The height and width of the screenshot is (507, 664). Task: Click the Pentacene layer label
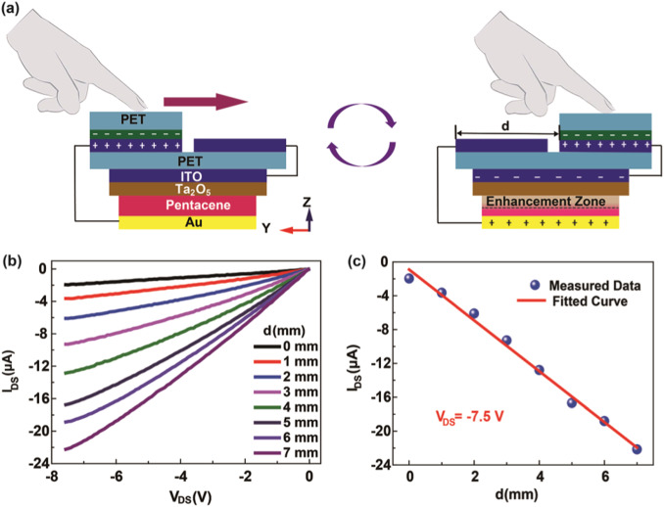pos(187,207)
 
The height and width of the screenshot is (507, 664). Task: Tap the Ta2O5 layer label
pos(187,190)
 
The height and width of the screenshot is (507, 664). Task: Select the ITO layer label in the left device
pos(187,175)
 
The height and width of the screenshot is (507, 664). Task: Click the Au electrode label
pos(187,223)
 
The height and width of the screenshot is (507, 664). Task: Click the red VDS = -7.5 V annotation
pos(481,414)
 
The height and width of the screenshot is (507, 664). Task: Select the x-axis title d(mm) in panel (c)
pos(524,494)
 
